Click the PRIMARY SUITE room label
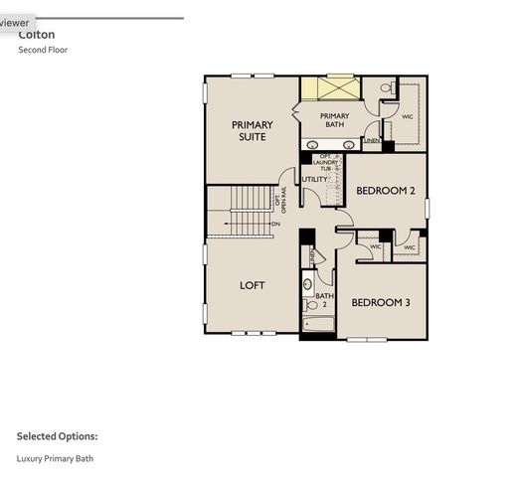252,131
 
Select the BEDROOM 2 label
385,190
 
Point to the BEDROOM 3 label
381,302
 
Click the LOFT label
253,285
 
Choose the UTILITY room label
315,179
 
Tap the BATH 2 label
325,300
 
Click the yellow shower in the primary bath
327,87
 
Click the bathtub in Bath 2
317,325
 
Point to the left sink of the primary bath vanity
312,145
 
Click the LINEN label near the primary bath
372,141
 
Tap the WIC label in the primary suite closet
407,116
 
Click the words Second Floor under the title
43,49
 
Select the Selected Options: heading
57,435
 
